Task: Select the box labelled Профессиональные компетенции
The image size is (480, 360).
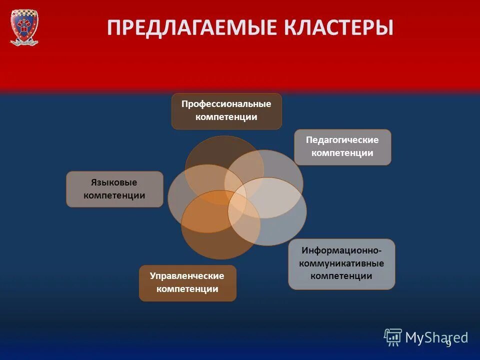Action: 226,111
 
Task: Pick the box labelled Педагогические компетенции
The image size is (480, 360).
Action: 342,147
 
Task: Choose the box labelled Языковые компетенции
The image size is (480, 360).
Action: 114,189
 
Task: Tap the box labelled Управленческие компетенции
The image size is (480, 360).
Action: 187,283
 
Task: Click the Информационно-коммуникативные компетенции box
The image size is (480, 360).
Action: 341,263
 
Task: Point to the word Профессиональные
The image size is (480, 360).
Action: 226,104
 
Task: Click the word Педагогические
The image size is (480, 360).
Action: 342,140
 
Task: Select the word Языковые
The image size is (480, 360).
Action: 114,182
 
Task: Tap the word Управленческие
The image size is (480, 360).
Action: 187,276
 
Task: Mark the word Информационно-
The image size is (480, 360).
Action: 342,249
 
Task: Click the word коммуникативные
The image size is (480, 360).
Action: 341,263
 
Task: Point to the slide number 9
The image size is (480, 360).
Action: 448,343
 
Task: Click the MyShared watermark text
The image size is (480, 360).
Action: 436,337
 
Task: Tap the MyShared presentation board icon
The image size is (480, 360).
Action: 393,337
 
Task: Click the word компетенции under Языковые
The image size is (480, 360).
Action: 114,195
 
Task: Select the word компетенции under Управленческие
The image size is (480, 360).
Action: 187,289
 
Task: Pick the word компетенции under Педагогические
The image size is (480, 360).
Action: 342,153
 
